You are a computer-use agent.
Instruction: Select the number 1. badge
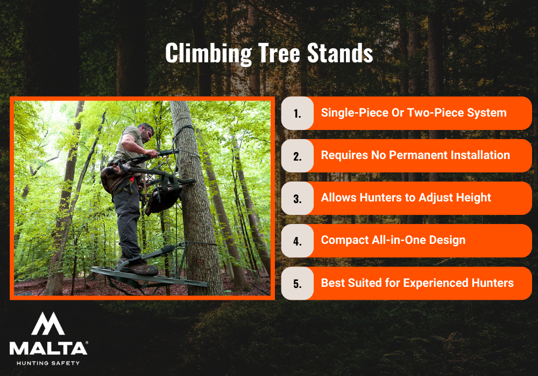298,113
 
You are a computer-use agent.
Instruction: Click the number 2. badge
298,156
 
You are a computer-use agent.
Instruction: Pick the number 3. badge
298,198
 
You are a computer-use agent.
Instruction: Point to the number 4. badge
298,241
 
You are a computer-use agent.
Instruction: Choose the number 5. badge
298,283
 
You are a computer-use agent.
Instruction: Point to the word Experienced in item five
435,283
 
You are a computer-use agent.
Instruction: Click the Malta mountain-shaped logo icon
49,324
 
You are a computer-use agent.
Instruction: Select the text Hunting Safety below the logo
48,363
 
